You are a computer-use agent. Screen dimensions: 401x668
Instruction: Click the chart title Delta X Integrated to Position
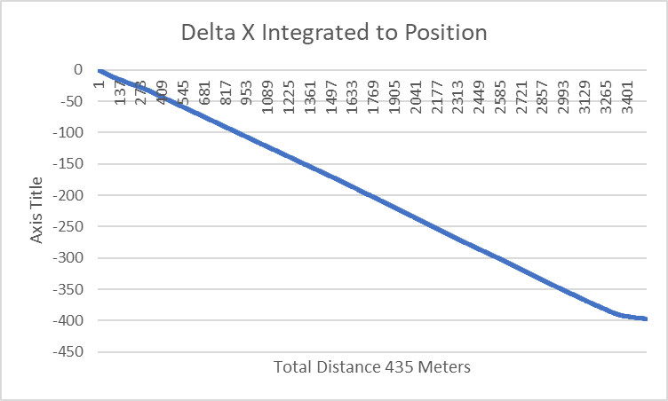[x=334, y=33]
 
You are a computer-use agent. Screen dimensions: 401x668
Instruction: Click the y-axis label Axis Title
[x=36, y=210]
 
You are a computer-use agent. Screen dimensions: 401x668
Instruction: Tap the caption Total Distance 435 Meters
[x=372, y=366]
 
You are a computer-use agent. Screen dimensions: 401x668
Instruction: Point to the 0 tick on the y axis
[x=79, y=70]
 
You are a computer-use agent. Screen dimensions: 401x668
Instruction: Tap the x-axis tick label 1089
[x=268, y=93]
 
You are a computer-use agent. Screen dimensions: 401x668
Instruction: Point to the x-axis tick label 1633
[x=353, y=93]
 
